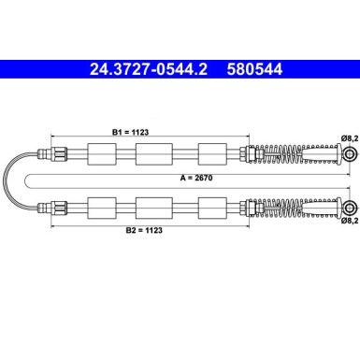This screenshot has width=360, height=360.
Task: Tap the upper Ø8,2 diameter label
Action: tap(348, 137)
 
